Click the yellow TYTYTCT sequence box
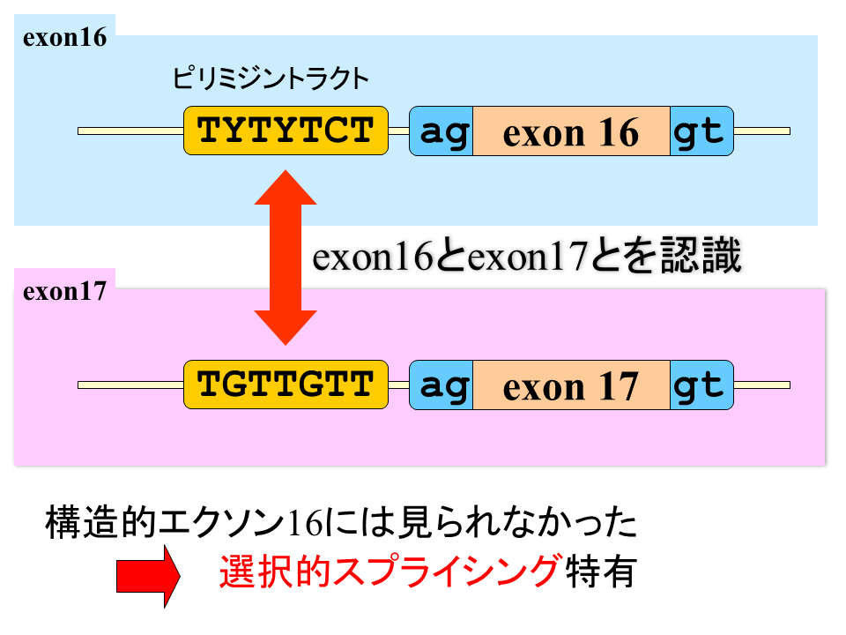pyautogui.click(x=286, y=131)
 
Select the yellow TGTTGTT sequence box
pyautogui.click(x=286, y=385)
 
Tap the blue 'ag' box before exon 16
pyautogui.click(x=442, y=131)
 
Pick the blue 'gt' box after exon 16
pyautogui.click(x=702, y=131)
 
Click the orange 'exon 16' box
pyautogui.click(x=571, y=131)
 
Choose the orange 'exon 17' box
pyautogui.click(x=571, y=385)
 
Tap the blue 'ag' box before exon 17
pyautogui.click(x=442, y=385)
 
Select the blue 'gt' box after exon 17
pyautogui.click(x=702, y=385)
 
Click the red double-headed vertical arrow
pyautogui.click(x=286, y=258)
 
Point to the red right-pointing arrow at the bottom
pyautogui.click(x=148, y=576)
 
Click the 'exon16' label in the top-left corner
pyautogui.click(x=64, y=38)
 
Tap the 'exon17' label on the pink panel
pyautogui.click(x=64, y=292)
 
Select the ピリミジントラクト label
pyautogui.click(x=271, y=78)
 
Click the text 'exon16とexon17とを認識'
pyautogui.click(x=527, y=256)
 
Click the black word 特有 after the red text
pyautogui.click(x=600, y=571)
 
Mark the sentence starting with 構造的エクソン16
pyautogui.click(x=341, y=522)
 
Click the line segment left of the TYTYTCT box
pyautogui.click(x=131, y=131)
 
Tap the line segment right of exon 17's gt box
pyautogui.click(x=761, y=385)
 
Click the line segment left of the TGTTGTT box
pyautogui.click(x=131, y=385)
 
